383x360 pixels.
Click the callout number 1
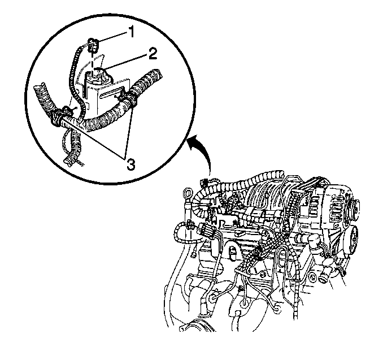point(132,32)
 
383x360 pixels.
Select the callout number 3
point(130,164)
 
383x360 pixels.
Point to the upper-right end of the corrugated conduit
point(156,72)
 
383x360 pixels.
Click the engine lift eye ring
point(189,192)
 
